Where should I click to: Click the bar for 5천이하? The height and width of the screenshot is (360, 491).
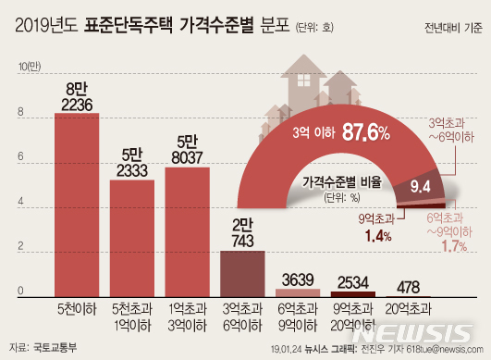[x=77, y=204]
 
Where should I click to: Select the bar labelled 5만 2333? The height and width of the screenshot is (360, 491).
[x=132, y=237]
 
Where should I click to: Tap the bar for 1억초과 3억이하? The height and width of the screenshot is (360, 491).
[x=188, y=231]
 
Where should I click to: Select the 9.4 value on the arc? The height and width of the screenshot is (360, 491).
[x=422, y=189]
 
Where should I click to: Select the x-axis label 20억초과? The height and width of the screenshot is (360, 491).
[x=408, y=308]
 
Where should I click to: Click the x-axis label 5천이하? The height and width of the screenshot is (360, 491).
[x=77, y=308]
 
